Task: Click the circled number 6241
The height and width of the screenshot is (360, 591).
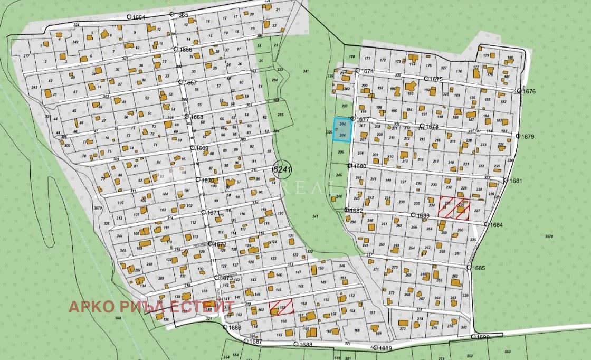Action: pos(281,170)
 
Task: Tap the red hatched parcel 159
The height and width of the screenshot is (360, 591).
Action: pos(281,307)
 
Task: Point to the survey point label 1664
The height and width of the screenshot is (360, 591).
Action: pos(138,17)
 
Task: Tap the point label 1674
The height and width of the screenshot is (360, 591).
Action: pos(366,71)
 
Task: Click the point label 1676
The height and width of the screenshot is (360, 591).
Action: pos(528,91)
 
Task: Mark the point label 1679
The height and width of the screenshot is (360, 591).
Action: pos(528,137)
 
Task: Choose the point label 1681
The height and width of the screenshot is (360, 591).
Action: pos(515,181)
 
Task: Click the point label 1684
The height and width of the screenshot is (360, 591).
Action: pos(496,225)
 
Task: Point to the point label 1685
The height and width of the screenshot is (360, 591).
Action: pos(478,268)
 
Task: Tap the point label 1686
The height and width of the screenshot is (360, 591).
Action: pos(234,328)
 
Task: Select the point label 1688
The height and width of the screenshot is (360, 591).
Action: pos(305,345)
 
